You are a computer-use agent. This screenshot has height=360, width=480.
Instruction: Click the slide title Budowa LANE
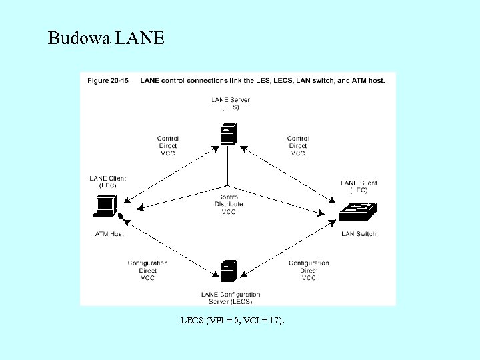point(105,39)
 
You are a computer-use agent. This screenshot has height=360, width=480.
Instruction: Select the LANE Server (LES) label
point(229,103)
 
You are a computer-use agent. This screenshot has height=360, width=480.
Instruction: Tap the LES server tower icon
point(229,134)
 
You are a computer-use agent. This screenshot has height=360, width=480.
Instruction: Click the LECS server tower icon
point(229,271)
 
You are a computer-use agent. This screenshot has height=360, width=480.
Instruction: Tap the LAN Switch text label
point(358,234)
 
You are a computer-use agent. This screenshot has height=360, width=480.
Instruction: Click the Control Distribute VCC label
point(229,204)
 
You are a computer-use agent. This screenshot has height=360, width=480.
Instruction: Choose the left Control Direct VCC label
point(167,145)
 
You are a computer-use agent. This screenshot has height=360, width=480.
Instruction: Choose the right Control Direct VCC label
point(298,145)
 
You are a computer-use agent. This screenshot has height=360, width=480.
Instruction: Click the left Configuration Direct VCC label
point(148,271)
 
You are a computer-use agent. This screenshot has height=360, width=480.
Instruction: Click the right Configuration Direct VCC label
point(309,271)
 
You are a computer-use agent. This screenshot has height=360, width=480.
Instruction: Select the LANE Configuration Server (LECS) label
point(230,297)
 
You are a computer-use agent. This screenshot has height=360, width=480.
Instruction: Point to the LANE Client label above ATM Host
point(108,182)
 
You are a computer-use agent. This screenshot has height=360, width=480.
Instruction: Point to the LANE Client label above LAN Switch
point(359,187)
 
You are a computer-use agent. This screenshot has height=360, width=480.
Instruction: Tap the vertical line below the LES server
point(229,167)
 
